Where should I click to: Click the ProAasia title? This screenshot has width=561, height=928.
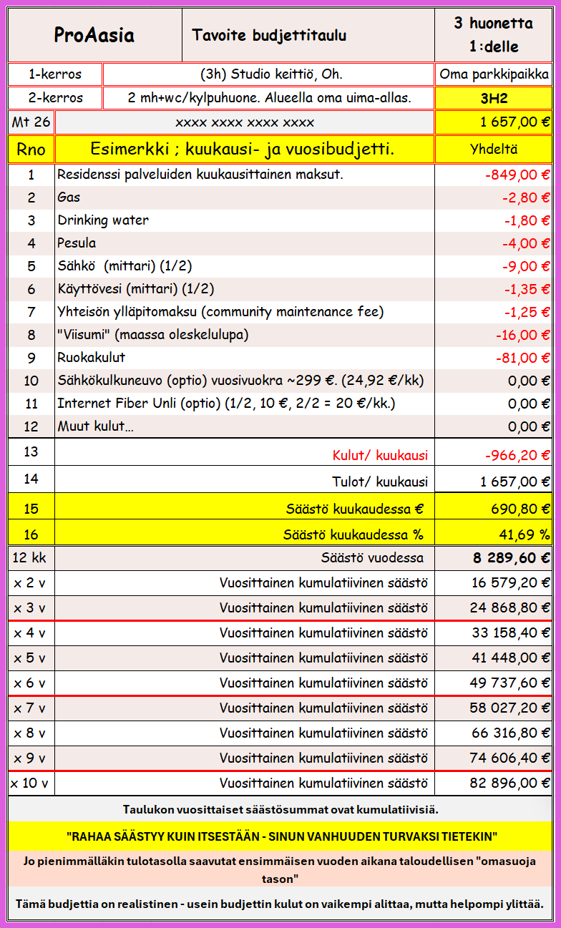94,35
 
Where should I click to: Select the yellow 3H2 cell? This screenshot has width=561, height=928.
494,98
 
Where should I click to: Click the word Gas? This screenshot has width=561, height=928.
69,197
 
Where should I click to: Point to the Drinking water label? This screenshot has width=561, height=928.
103,220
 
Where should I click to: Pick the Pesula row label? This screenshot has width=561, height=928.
77,243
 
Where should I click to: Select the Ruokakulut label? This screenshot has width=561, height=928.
91,358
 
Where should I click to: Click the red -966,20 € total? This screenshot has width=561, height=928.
515,455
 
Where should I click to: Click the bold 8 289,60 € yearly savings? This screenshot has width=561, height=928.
511,558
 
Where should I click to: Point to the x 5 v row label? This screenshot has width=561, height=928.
30,658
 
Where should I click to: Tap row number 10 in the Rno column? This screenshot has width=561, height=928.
31,381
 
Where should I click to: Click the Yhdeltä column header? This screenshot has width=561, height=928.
494,150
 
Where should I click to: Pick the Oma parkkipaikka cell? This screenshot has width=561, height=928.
494,74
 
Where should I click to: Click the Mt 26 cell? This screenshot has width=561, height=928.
31,122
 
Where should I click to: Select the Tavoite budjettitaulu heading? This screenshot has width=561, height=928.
269,35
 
